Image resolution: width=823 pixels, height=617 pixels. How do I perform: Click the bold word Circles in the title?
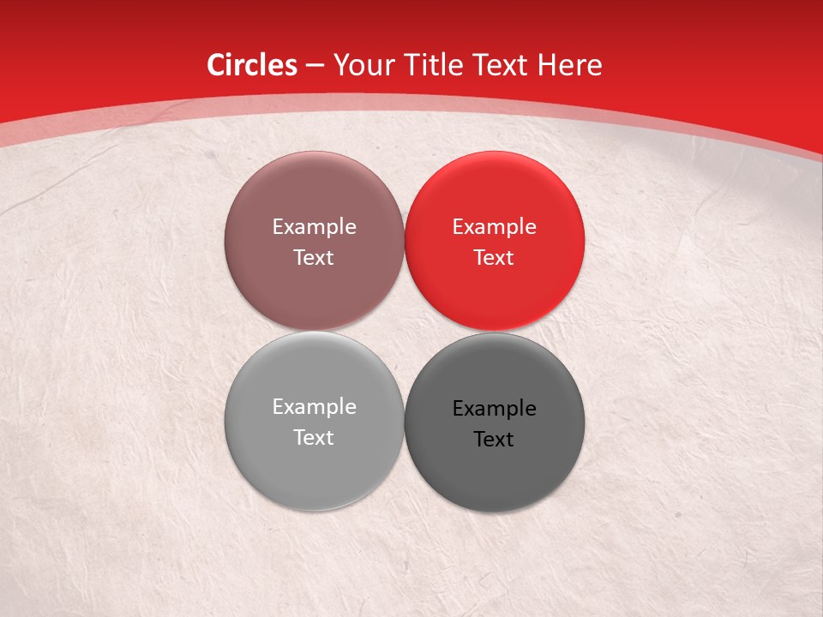click(x=252, y=65)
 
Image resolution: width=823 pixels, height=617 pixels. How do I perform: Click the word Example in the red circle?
click(x=495, y=227)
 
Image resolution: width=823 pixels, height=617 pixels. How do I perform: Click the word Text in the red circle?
click(x=495, y=258)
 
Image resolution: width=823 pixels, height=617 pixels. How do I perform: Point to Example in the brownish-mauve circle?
click(x=314, y=227)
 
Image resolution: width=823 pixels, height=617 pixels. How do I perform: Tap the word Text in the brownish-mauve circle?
click(x=314, y=258)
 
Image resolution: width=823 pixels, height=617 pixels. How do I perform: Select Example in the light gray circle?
click(x=314, y=407)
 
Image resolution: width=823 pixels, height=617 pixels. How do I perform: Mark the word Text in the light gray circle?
click(x=314, y=438)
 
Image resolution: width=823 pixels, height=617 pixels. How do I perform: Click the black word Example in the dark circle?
click(x=495, y=409)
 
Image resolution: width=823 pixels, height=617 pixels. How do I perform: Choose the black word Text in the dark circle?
click(x=495, y=440)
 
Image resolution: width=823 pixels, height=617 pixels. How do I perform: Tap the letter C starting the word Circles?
click(x=216, y=65)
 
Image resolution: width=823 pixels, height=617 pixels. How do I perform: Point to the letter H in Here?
click(x=546, y=65)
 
